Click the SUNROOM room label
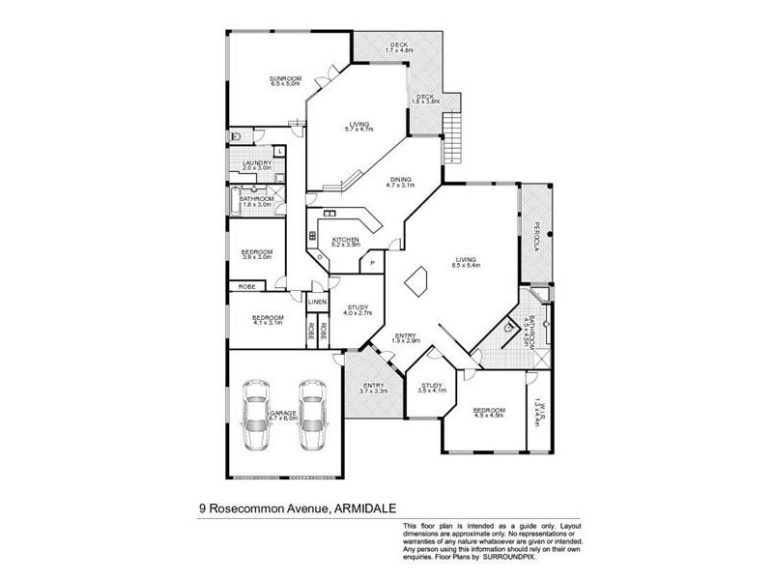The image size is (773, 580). [x=287, y=79]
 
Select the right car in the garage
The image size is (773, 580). [x=312, y=417]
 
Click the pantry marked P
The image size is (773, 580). [x=371, y=264]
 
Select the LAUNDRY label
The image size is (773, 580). [x=257, y=164]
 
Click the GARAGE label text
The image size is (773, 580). [x=283, y=414]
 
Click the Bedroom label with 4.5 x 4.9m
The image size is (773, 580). [x=488, y=414]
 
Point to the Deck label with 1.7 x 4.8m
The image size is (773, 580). [x=400, y=46]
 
